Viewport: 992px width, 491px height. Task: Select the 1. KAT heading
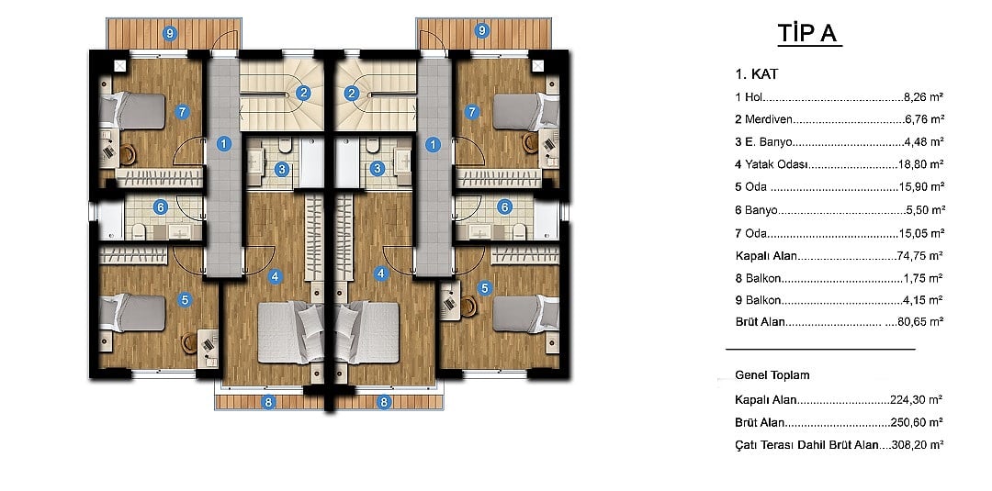coord(757,74)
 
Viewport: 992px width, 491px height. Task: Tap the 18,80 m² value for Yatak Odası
coord(920,164)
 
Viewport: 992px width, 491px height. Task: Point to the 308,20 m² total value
coord(917,445)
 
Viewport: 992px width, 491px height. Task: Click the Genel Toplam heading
coord(772,375)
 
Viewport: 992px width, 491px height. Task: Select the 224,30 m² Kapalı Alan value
coord(917,399)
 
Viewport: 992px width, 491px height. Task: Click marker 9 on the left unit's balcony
coord(169,31)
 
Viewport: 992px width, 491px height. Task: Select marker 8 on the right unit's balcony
coord(383,401)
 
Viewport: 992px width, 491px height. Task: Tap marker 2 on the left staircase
coord(304,94)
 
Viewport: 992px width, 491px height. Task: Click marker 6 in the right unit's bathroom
coord(504,206)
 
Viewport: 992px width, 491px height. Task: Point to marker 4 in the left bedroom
coord(275,276)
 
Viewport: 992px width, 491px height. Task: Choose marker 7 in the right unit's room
coord(471,113)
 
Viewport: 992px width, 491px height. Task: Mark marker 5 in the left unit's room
coord(185,300)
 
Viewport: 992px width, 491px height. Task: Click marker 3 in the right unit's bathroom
coord(378,169)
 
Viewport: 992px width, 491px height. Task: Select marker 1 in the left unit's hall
coord(223,144)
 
